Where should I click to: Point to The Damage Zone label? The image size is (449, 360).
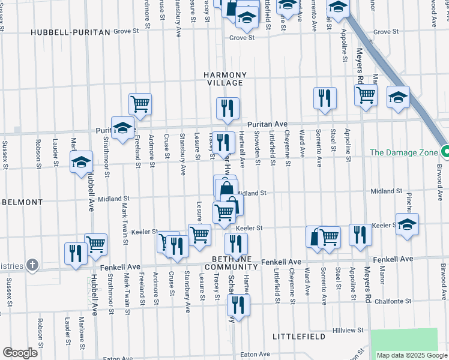coord(403,152)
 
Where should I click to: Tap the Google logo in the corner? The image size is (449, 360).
coord(20,353)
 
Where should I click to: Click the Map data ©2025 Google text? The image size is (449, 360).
coord(412,355)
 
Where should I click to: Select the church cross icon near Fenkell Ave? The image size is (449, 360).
coord(32,265)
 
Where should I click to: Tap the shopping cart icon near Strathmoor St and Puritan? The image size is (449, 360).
coord(140,103)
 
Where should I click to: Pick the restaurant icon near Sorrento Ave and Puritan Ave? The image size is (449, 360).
coord(325,98)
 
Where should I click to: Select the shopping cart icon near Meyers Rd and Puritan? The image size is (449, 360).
coord(366,95)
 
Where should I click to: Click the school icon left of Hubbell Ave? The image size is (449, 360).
coord(81,161)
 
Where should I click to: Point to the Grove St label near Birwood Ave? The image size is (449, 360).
coord(385,32)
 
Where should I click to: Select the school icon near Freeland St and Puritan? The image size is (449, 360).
coord(122,127)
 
